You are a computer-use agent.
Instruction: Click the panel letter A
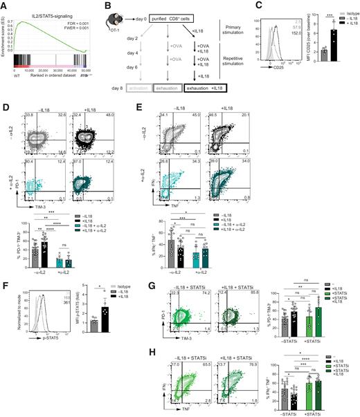coord(4,5)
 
